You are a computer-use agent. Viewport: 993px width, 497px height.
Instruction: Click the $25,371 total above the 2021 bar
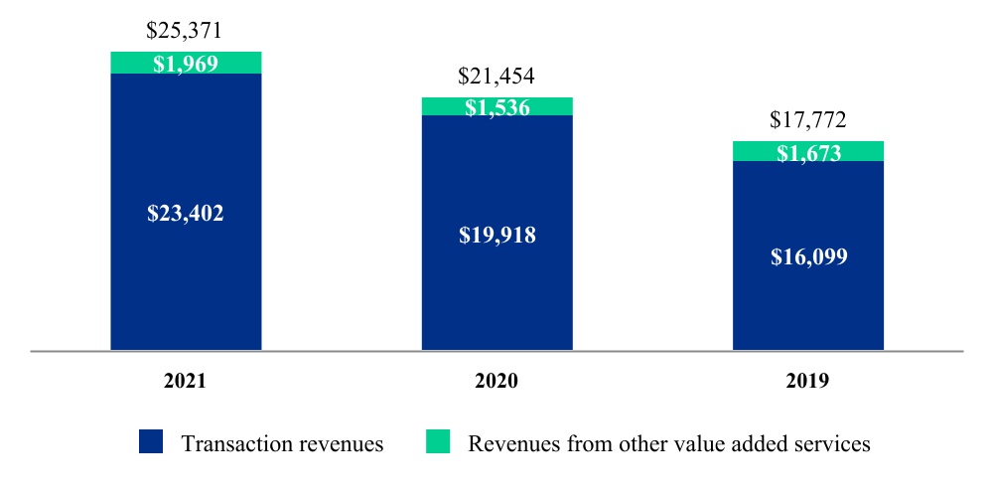point(185,31)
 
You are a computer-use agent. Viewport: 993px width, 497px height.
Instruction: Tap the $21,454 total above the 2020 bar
point(496,77)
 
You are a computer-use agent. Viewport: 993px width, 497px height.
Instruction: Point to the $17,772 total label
point(807,121)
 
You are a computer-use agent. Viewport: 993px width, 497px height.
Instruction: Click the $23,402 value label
point(186,213)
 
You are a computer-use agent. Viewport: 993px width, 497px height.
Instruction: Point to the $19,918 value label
point(497,237)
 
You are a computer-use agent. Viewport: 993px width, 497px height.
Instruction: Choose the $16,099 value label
point(808,257)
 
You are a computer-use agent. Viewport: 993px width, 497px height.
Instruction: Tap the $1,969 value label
point(186,64)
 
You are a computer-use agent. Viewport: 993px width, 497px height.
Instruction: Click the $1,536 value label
point(496,108)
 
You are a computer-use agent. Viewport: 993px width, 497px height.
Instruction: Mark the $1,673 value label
point(808,153)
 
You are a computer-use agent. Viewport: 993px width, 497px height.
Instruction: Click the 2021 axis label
point(185,381)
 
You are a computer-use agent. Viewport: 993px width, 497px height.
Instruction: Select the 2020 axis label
point(496,381)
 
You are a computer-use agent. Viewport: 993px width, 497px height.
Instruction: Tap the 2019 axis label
point(807,381)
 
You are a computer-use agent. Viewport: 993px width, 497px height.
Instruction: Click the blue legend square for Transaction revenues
point(151,442)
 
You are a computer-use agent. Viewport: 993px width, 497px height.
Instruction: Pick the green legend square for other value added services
point(437,442)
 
